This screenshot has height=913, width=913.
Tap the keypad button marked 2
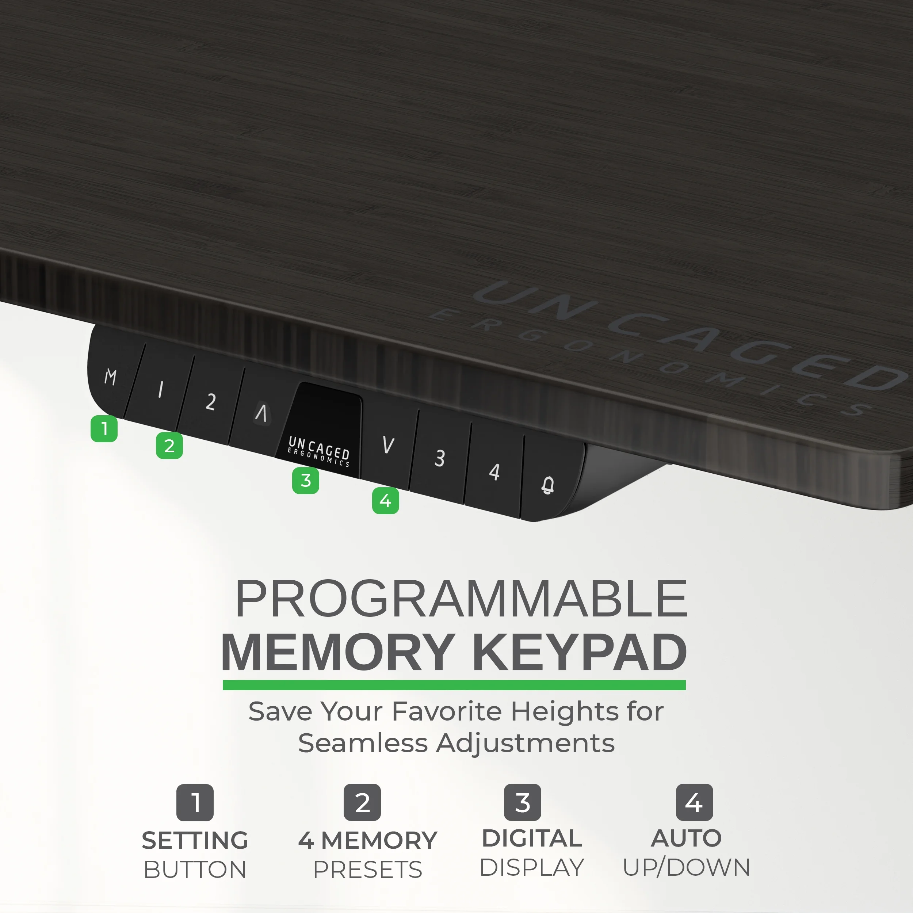coord(209,401)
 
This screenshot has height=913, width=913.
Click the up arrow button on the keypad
coord(261,413)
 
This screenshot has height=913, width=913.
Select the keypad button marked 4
coord(494,471)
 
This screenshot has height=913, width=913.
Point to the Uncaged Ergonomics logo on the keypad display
coord(319,451)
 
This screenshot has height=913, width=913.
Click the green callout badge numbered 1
coord(104,429)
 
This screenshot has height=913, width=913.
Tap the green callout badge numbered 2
coord(169,446)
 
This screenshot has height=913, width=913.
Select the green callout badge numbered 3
coord(305,480)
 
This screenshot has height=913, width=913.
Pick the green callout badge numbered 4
coord(386,500)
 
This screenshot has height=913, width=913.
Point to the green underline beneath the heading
coord(454,685)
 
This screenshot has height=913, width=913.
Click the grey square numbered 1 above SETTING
coord(195,802)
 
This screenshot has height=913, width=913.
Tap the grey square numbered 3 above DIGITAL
coord(523,802)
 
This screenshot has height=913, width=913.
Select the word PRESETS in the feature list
coord(368,869)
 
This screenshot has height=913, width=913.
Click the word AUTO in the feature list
coord(686,838)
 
